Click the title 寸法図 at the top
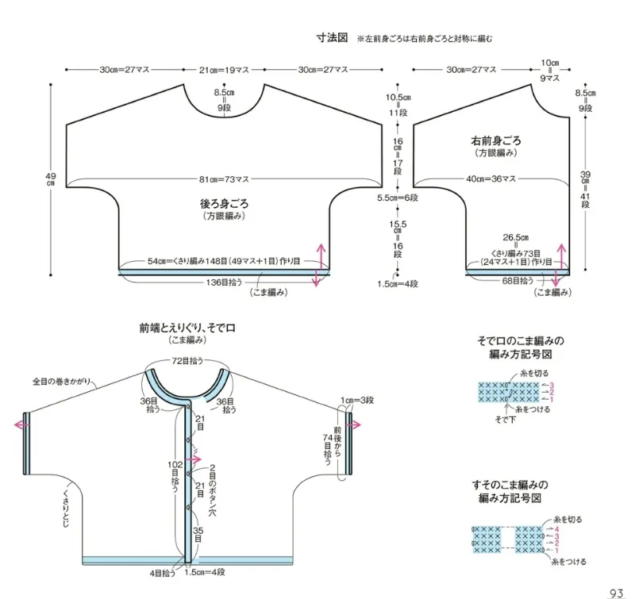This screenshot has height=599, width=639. tap(332, 38)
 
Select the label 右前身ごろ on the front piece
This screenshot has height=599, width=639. tap(496, 140)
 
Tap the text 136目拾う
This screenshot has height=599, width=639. tap(224, 282)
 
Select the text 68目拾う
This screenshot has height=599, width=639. tap(517, 280)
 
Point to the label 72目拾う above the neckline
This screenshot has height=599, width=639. tap(187, 360)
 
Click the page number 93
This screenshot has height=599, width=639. tap(619, 592)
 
